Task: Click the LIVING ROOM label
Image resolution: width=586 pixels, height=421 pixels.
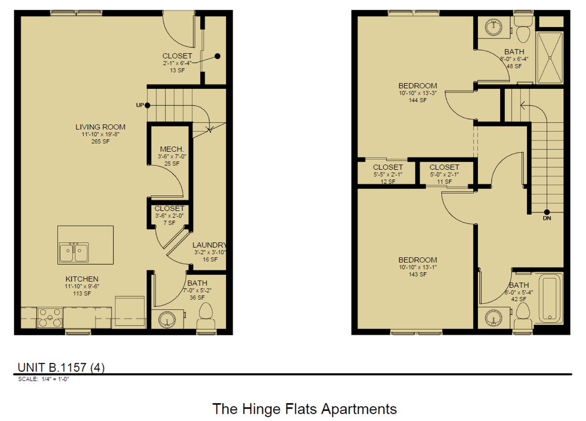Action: (x=100, y=127)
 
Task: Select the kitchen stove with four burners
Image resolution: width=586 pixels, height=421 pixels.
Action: (x=49, y=318)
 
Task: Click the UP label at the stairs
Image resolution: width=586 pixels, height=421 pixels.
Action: (x=140, y=105)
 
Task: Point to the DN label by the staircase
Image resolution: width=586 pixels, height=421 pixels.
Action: (x=547, y=218)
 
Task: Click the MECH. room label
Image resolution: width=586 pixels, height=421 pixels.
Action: (x=172, y=149)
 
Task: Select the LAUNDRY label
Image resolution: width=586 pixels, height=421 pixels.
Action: (x=209, y=245)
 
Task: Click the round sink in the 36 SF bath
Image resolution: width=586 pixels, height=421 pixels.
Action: (x=167, y=319)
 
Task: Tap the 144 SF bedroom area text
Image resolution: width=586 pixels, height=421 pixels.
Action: (x=417, y=100)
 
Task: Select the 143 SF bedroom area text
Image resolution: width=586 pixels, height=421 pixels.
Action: (x=417, y=274)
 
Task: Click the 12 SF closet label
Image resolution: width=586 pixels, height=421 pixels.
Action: (x=388, y=182)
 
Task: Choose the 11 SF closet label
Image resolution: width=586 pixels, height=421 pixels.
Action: (x=444, y=182)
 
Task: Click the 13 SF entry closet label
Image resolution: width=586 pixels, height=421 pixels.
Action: (x=177, y=70)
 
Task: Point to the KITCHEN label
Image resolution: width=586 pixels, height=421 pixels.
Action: (x=82, y=279)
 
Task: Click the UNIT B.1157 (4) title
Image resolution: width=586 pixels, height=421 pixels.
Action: (x=61, y=367)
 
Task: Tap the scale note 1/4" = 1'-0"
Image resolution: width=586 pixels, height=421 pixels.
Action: (x=43, y=379)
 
